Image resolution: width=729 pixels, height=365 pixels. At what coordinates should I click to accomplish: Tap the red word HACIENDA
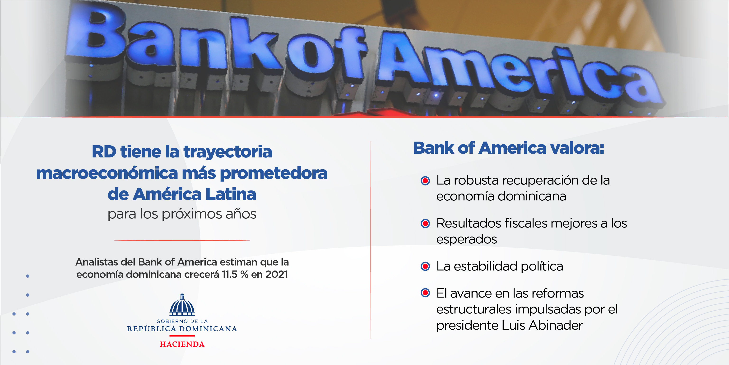coord(182,344)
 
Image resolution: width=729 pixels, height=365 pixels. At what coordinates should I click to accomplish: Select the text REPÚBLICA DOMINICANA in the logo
coord(182,329)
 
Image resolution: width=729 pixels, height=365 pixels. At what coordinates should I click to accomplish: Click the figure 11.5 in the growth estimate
coord(229,274)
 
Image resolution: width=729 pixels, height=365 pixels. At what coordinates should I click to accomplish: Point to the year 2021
coord(276,274)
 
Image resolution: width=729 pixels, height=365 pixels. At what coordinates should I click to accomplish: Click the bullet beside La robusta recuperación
coord(425,180)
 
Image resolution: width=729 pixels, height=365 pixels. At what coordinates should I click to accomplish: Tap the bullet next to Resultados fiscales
coord(425,224)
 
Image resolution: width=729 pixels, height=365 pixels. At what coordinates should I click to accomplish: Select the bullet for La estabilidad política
coord(425,266)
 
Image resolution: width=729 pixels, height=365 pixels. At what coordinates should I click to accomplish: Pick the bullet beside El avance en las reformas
coord(425,293)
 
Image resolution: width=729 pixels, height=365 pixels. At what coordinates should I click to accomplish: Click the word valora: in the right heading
coord(577,148)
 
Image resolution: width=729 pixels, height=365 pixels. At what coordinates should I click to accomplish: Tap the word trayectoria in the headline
coord(228,152)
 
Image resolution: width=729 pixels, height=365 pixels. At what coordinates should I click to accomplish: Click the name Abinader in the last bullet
coord(556,325)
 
